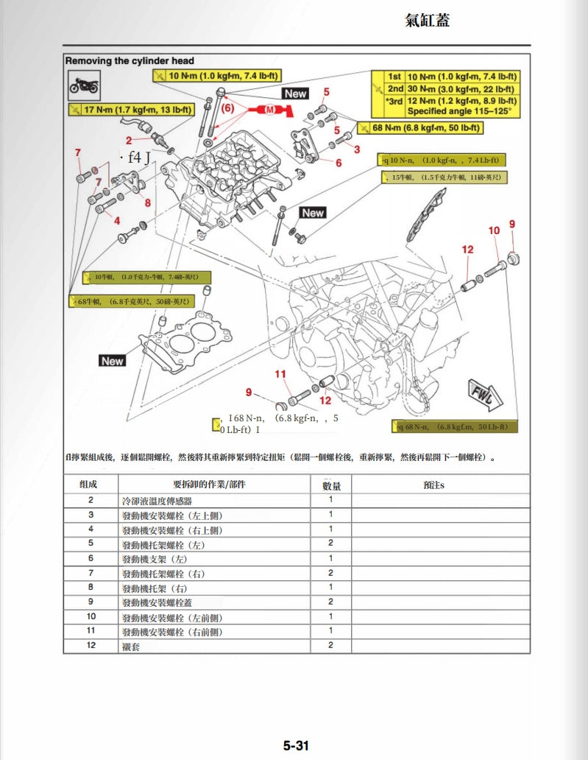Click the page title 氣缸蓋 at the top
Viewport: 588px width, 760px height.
(427, 21)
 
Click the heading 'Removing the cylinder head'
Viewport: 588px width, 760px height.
(130, 60)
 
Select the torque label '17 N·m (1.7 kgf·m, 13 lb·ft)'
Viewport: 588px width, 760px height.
(130, 110)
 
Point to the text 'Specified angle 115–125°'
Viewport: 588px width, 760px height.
(459, 111)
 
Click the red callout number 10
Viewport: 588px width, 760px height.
(494, 231)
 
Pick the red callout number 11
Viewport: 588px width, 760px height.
(280, 374)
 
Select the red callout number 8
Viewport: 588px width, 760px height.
(148, 203)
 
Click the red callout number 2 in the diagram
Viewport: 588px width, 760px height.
(129, 140)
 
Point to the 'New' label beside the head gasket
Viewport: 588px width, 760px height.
(112, 361)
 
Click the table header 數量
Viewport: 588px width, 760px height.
(331, 485)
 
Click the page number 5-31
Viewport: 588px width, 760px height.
(296, 745)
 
